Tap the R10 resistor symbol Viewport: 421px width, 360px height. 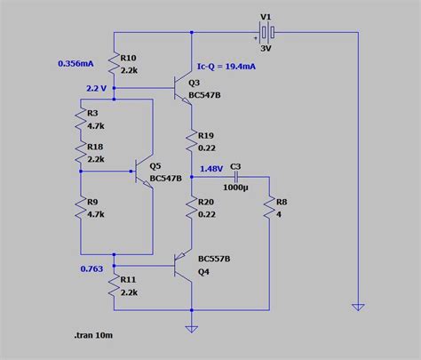point(115,61)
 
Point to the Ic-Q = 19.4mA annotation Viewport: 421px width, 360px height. point(228,66)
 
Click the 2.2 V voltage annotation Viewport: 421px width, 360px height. point(96,89)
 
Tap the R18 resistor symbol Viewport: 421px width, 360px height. point(80,153)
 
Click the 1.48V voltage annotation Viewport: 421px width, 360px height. point(211,169)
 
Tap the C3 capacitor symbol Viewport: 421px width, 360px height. point(236,176)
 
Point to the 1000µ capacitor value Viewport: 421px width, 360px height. point(236,189)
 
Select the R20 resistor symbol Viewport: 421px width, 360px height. point(191,208)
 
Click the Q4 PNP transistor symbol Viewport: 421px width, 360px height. point(184,265)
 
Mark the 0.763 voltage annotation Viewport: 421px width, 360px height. point(92,268)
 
